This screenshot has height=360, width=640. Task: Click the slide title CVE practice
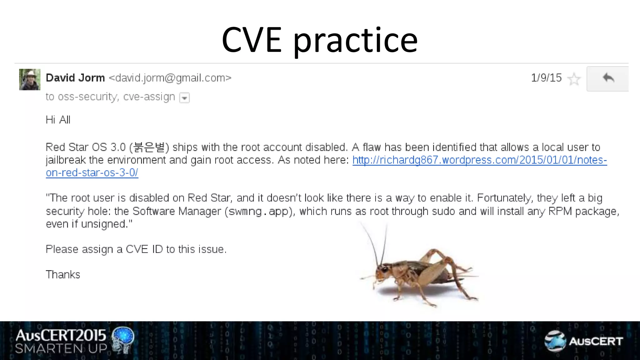[x=319, y=40]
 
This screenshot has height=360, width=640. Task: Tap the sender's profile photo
[x=30, y=79]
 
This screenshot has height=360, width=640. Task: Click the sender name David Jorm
[x=75, y=78]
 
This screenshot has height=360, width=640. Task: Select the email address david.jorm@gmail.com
[x=170, y=78]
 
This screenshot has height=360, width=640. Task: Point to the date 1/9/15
[x=546, y=78]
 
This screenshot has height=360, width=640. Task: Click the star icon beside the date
[x=574, y=79]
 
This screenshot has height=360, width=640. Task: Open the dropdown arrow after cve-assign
[x=184, y=98]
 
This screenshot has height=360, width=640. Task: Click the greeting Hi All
[x=58, y=120]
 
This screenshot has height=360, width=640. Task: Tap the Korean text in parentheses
[x=149, y=147]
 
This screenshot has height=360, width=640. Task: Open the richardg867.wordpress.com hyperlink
[x=479, y=160]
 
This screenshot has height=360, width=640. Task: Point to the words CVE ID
[x=144, y=249]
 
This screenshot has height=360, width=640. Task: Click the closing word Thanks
[x=63, y=275]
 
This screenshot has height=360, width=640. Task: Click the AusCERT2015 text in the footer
[x=61, y=335]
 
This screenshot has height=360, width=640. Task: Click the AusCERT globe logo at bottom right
[x=555, y=341]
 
